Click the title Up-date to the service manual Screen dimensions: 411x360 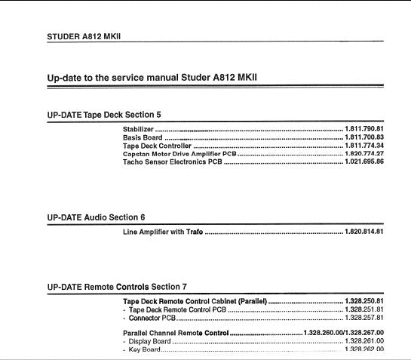(x=154, y=77)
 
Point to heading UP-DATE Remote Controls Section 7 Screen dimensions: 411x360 (x=116, y=287)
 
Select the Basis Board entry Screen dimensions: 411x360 (x=143, y=138)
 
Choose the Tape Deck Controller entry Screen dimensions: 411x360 (x=157, y=146)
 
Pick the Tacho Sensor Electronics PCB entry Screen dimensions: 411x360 (x=172, y=162)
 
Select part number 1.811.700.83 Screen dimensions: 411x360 (x=364, y=138)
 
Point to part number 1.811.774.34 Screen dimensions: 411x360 (x=364, y=146)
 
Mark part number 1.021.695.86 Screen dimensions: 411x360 (x=364, y=162)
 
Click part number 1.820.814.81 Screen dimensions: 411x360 (x=364, y=231)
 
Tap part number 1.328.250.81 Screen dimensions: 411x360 (x=364, y=301)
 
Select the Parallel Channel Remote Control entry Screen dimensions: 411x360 (x=175, y=333)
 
